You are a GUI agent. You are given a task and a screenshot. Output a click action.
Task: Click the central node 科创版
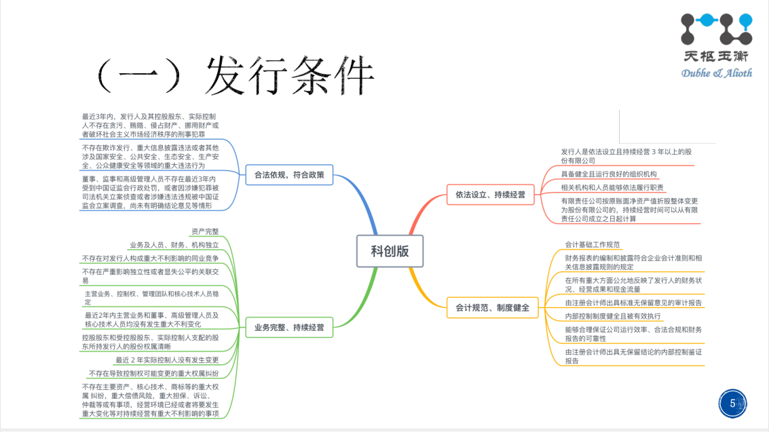pos(390,251)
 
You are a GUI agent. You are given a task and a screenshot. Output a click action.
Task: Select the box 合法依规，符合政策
pos(284,175)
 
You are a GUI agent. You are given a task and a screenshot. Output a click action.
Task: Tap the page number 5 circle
pos(732,404)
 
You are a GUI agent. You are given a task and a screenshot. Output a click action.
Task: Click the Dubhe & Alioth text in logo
pos(716,73)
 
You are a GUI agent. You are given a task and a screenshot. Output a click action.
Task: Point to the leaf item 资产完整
pos(205,231)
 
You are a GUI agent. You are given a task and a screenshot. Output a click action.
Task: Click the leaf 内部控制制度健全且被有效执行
pos(613,316)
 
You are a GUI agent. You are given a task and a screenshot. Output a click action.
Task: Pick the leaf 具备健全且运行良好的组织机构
pos(609,174)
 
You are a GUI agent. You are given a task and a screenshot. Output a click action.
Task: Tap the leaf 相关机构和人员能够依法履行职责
pos(612,187)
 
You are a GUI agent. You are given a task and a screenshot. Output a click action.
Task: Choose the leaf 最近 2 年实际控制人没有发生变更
pos(167,359)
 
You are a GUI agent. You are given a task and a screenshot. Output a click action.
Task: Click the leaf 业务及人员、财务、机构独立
pos(174,244)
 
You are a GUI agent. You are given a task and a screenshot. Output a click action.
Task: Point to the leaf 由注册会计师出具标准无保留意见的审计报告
pos(633,302)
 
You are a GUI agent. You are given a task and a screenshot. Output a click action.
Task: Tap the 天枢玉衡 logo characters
pos(716,58)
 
